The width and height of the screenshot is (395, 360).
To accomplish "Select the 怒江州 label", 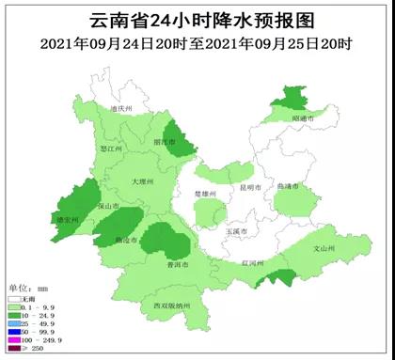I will pyautogui.click(x=112, y=149).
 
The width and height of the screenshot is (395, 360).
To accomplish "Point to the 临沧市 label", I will pyautogui.click(x=126, y=241).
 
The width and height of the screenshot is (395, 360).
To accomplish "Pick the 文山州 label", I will pyautogui.click(x=323, y=249).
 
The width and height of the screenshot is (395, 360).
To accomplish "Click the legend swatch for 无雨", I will pyautogui.click(x=14, y=297).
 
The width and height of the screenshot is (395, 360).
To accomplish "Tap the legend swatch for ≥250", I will pyautogui.click(x=14, y=350).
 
